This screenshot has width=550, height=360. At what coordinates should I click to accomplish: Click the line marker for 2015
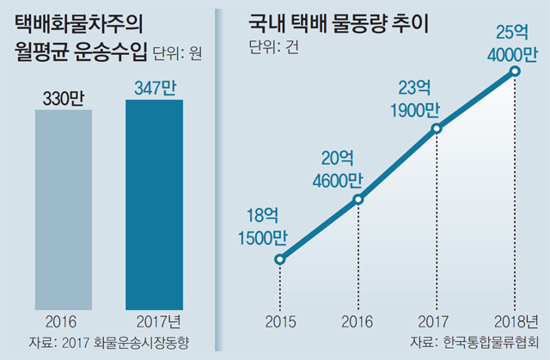(278, 259)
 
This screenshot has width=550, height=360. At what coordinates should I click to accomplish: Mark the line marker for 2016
(358, 200)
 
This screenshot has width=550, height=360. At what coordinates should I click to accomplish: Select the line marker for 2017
(437, 129)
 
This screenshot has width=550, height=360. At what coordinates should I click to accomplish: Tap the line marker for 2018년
(516, 71)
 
